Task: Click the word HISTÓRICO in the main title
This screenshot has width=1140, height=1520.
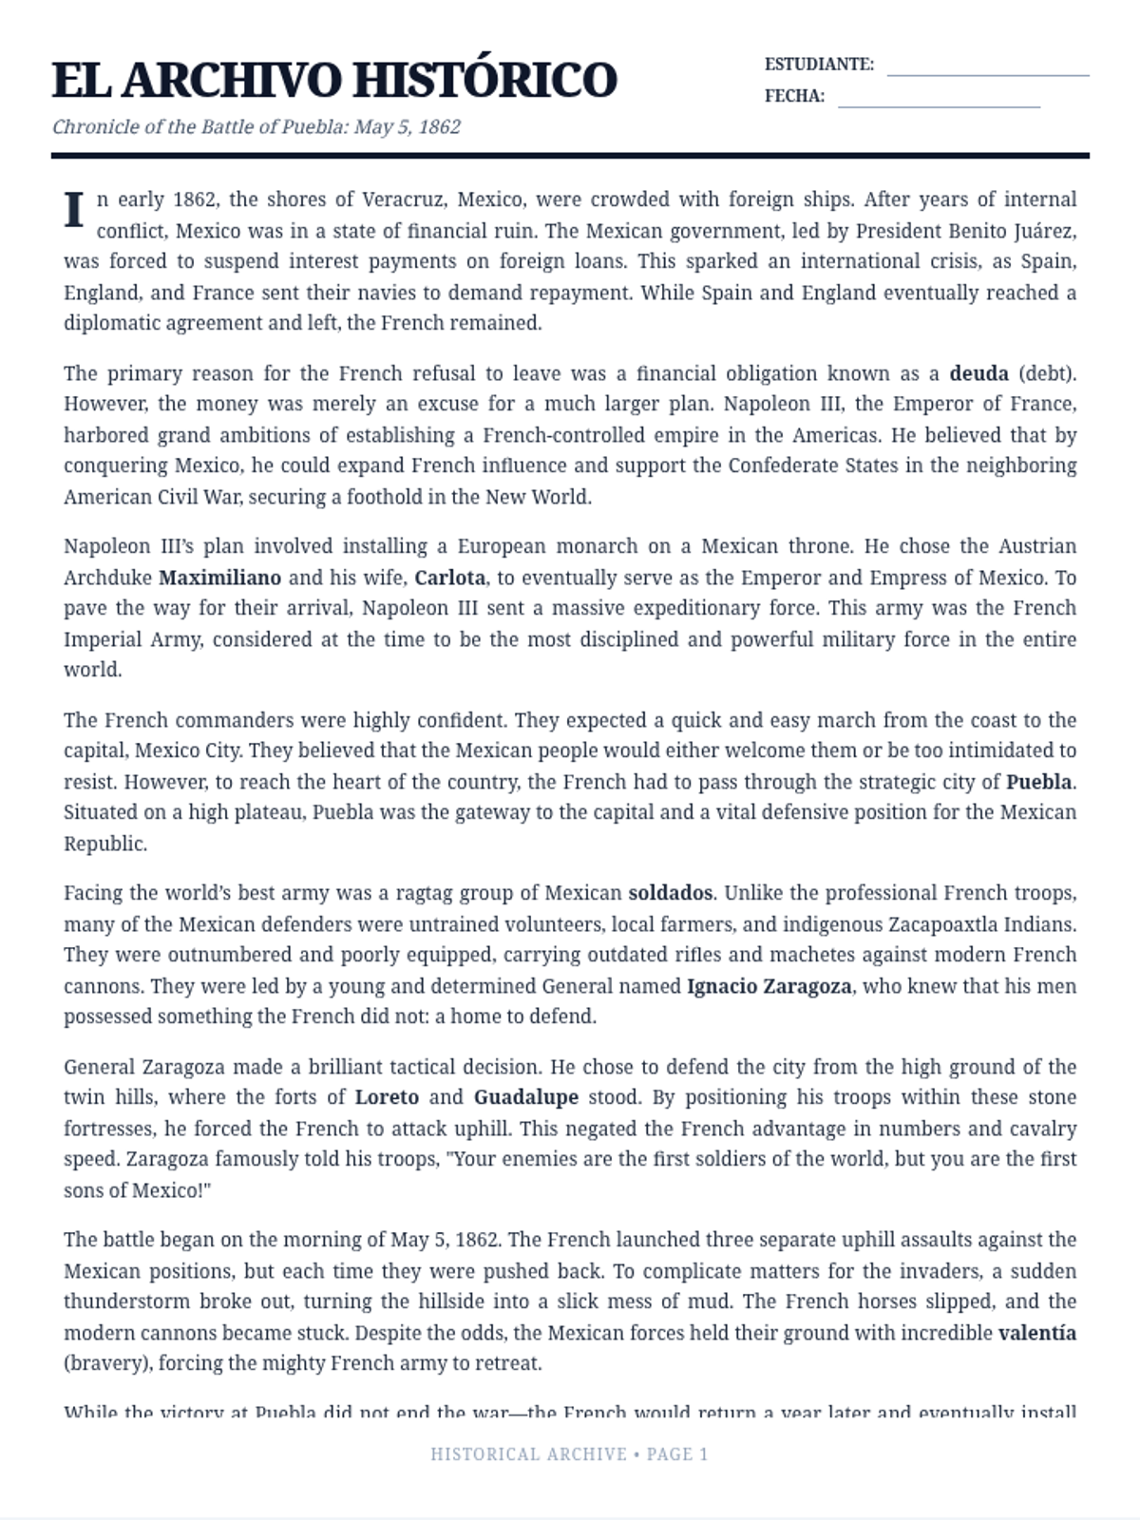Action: tap(490, 80)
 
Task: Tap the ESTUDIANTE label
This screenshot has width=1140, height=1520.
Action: tap(819, 65)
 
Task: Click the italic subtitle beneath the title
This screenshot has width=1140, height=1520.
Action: tap(256, 126)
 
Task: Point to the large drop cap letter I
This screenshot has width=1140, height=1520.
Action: tap(74, 211)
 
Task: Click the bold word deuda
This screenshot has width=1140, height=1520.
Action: tap(978, 373)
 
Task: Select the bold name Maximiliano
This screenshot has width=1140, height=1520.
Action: tap(219, 578)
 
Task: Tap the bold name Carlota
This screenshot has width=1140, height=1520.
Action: tap(449, 578)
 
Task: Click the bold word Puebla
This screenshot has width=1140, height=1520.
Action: tap(1039, 783)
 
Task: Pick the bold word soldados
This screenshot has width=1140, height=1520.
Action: tap(670, 893)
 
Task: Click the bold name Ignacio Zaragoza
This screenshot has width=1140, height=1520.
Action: tap(769, 986)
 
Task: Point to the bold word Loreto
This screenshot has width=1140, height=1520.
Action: tap(387, 1097)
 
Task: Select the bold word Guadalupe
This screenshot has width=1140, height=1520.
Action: tap(526, 1097)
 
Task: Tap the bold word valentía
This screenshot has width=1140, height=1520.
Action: tap(1036, 1333)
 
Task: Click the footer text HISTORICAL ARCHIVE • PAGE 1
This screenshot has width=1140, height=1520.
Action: tap(569, 1454)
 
